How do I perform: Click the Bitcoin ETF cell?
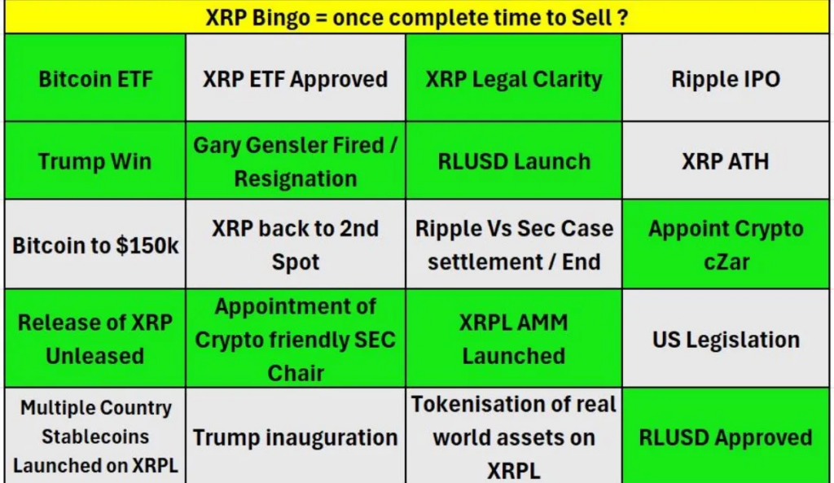pos(95,77)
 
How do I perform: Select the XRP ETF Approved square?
pos(296,77)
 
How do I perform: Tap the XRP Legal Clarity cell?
pos(514,77)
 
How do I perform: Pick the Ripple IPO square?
pos(726,77)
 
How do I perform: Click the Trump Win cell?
pos(95,160)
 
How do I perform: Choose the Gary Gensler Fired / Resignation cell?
pos(296,160)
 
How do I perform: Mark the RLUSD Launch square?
pos(514,160)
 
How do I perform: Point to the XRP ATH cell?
pos(726,160)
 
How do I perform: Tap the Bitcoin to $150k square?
pos(95,244)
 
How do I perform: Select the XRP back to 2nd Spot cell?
pos(296,244)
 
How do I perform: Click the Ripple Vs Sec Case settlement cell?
pos(514,244)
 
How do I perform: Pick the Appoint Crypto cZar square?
pos(726,244)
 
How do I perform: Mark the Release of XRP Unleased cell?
pos(95,338)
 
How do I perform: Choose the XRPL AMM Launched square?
pos(514,338)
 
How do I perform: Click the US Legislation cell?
pos(726,338)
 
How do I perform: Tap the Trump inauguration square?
pos(296,436)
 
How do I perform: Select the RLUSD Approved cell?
pos(726,436)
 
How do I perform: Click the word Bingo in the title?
pos(281,18)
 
